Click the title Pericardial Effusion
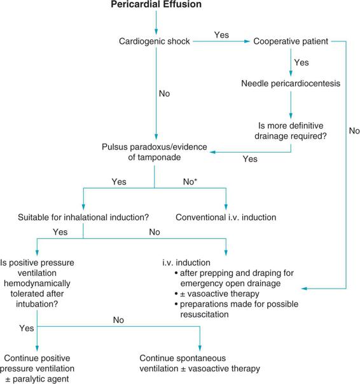click(x=156, y=4)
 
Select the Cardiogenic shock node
click(x=155, y=41)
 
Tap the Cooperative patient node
click(x=291, y=41)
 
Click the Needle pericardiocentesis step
click(x=291, y=83)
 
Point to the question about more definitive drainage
click(x=291, y=131)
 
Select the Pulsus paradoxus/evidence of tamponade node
click(x=155, y=152)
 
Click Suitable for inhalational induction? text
click(x=83, y=217)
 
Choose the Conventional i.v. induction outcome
click(x=226, y=217)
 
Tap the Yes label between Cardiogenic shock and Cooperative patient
click(x=221, y=35)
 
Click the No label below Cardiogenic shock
click(x=164, y=93)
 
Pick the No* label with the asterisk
click(x=190, y=182)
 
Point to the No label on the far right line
click(x=354, y=131)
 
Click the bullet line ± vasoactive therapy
click(x=218, y=294)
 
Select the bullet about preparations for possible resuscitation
click(x=237, y=309)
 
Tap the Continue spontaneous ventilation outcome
click(x=200, y=363)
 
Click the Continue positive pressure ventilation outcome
click(x=37, y=368)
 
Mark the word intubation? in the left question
click(x=37, y=304)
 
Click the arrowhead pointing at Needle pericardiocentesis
click(x=291, y=74)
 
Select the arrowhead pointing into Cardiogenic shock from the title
click(x=156, y=32)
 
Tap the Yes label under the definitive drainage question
click(x=250, y=159)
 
